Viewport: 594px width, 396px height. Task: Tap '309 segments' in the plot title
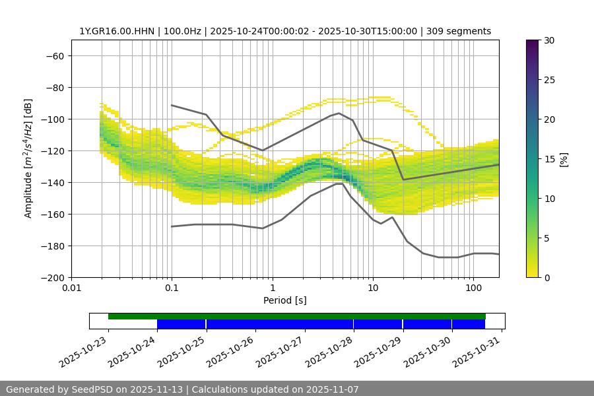pos(459,31)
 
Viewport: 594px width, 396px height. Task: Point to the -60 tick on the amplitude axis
pos(54,56)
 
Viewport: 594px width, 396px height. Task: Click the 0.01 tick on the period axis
pos(71,288)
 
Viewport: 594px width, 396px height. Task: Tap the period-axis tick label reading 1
pos(273,288)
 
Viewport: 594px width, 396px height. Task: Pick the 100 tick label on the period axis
pos(473,288)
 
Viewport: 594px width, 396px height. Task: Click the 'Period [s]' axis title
pos(285,300)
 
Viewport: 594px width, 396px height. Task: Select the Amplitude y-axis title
pos(28,158)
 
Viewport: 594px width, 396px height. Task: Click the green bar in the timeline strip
pos(297,316)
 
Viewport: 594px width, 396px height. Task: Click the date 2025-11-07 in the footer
pos(330,389)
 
